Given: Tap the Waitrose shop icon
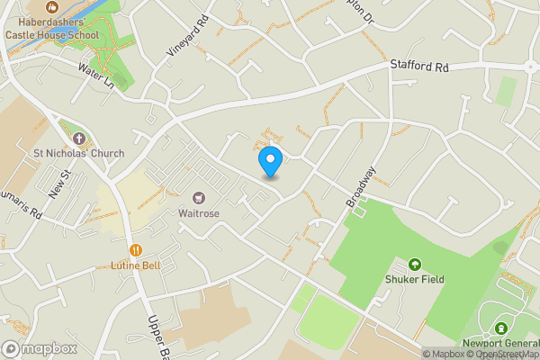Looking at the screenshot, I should [198, 197].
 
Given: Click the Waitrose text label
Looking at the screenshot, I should [199, 213].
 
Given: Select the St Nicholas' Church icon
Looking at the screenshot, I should [78, 139].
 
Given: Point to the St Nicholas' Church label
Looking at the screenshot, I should [78, 154].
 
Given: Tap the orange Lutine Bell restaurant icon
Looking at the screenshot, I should [136, 250].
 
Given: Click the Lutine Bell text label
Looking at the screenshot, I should [136, 265].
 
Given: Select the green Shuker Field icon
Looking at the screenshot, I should [414, 265].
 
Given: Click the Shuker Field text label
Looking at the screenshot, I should [414, 280].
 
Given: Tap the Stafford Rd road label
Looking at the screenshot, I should [418, 66].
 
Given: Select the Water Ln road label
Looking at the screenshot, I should [96, 76].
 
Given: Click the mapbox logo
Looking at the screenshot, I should [38, 348].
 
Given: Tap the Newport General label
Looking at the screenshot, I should [500, 343].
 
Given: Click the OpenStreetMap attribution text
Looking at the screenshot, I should [508, 354].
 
